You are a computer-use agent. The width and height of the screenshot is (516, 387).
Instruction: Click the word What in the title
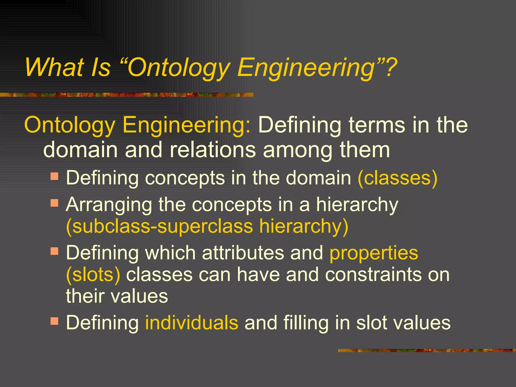click(x=54, y=67)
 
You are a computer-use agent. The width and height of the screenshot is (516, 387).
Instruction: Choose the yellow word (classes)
click(x=398, y=178)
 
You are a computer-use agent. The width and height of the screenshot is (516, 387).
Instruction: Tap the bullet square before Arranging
click(x=54, y=203)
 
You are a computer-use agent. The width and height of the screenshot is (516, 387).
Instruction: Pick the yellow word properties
click(x=374, y=253)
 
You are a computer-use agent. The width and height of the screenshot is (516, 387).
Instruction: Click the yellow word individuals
click(x=191, y=322)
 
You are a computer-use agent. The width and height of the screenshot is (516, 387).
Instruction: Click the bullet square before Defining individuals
click(x=54, y=321)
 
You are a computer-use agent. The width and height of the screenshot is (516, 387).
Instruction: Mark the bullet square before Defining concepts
click(x=54, y=176)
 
